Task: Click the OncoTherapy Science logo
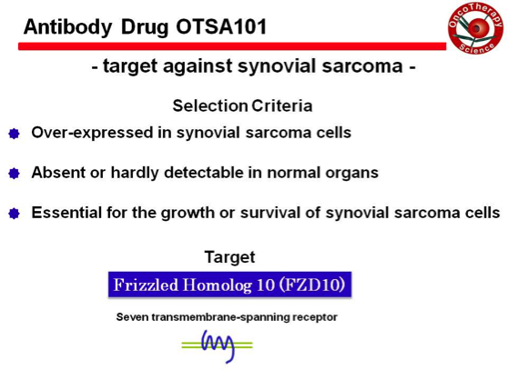475,27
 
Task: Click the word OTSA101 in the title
221,26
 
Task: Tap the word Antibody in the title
67,27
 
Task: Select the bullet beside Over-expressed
14,134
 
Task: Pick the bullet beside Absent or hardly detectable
14,174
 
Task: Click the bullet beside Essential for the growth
14,214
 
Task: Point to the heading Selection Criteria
242,105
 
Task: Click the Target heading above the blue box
229,257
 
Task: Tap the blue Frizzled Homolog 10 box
229,285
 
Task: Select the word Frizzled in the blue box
146,285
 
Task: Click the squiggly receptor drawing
217,346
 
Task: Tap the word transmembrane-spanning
220,317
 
